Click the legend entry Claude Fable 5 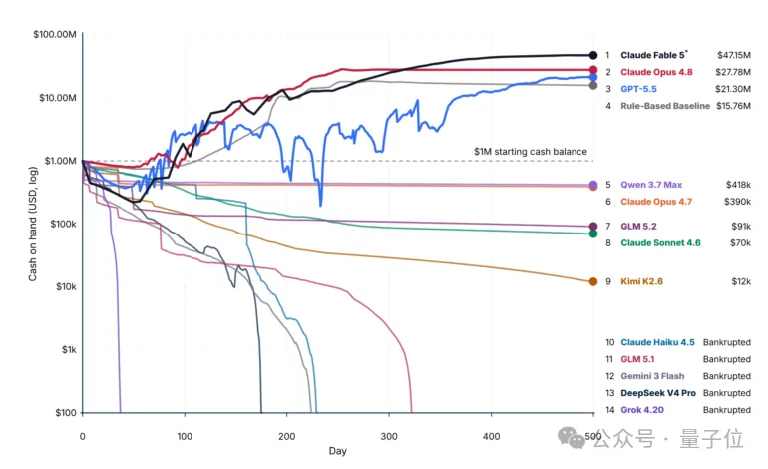point(653,55)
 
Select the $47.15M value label point(734,55)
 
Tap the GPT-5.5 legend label point(638,89)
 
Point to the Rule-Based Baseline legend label point(665,106)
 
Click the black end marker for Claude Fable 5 point(593,55)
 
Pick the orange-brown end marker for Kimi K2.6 point(593,281)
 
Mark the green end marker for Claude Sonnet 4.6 point(593,234)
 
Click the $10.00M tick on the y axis point(58,98)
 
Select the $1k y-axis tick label point(69,350)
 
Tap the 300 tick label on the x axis point(389,436)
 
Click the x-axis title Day point(337,451)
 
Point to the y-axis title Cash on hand point(33,224)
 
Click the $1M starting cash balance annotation point(531,152)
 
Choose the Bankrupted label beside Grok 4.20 point(727,410)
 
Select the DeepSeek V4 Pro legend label point(658,393)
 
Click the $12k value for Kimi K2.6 point(741,281)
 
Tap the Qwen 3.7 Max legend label point(651,185)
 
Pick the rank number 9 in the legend point(608,281)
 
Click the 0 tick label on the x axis point(82,436)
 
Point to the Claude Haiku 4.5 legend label point(658,342)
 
